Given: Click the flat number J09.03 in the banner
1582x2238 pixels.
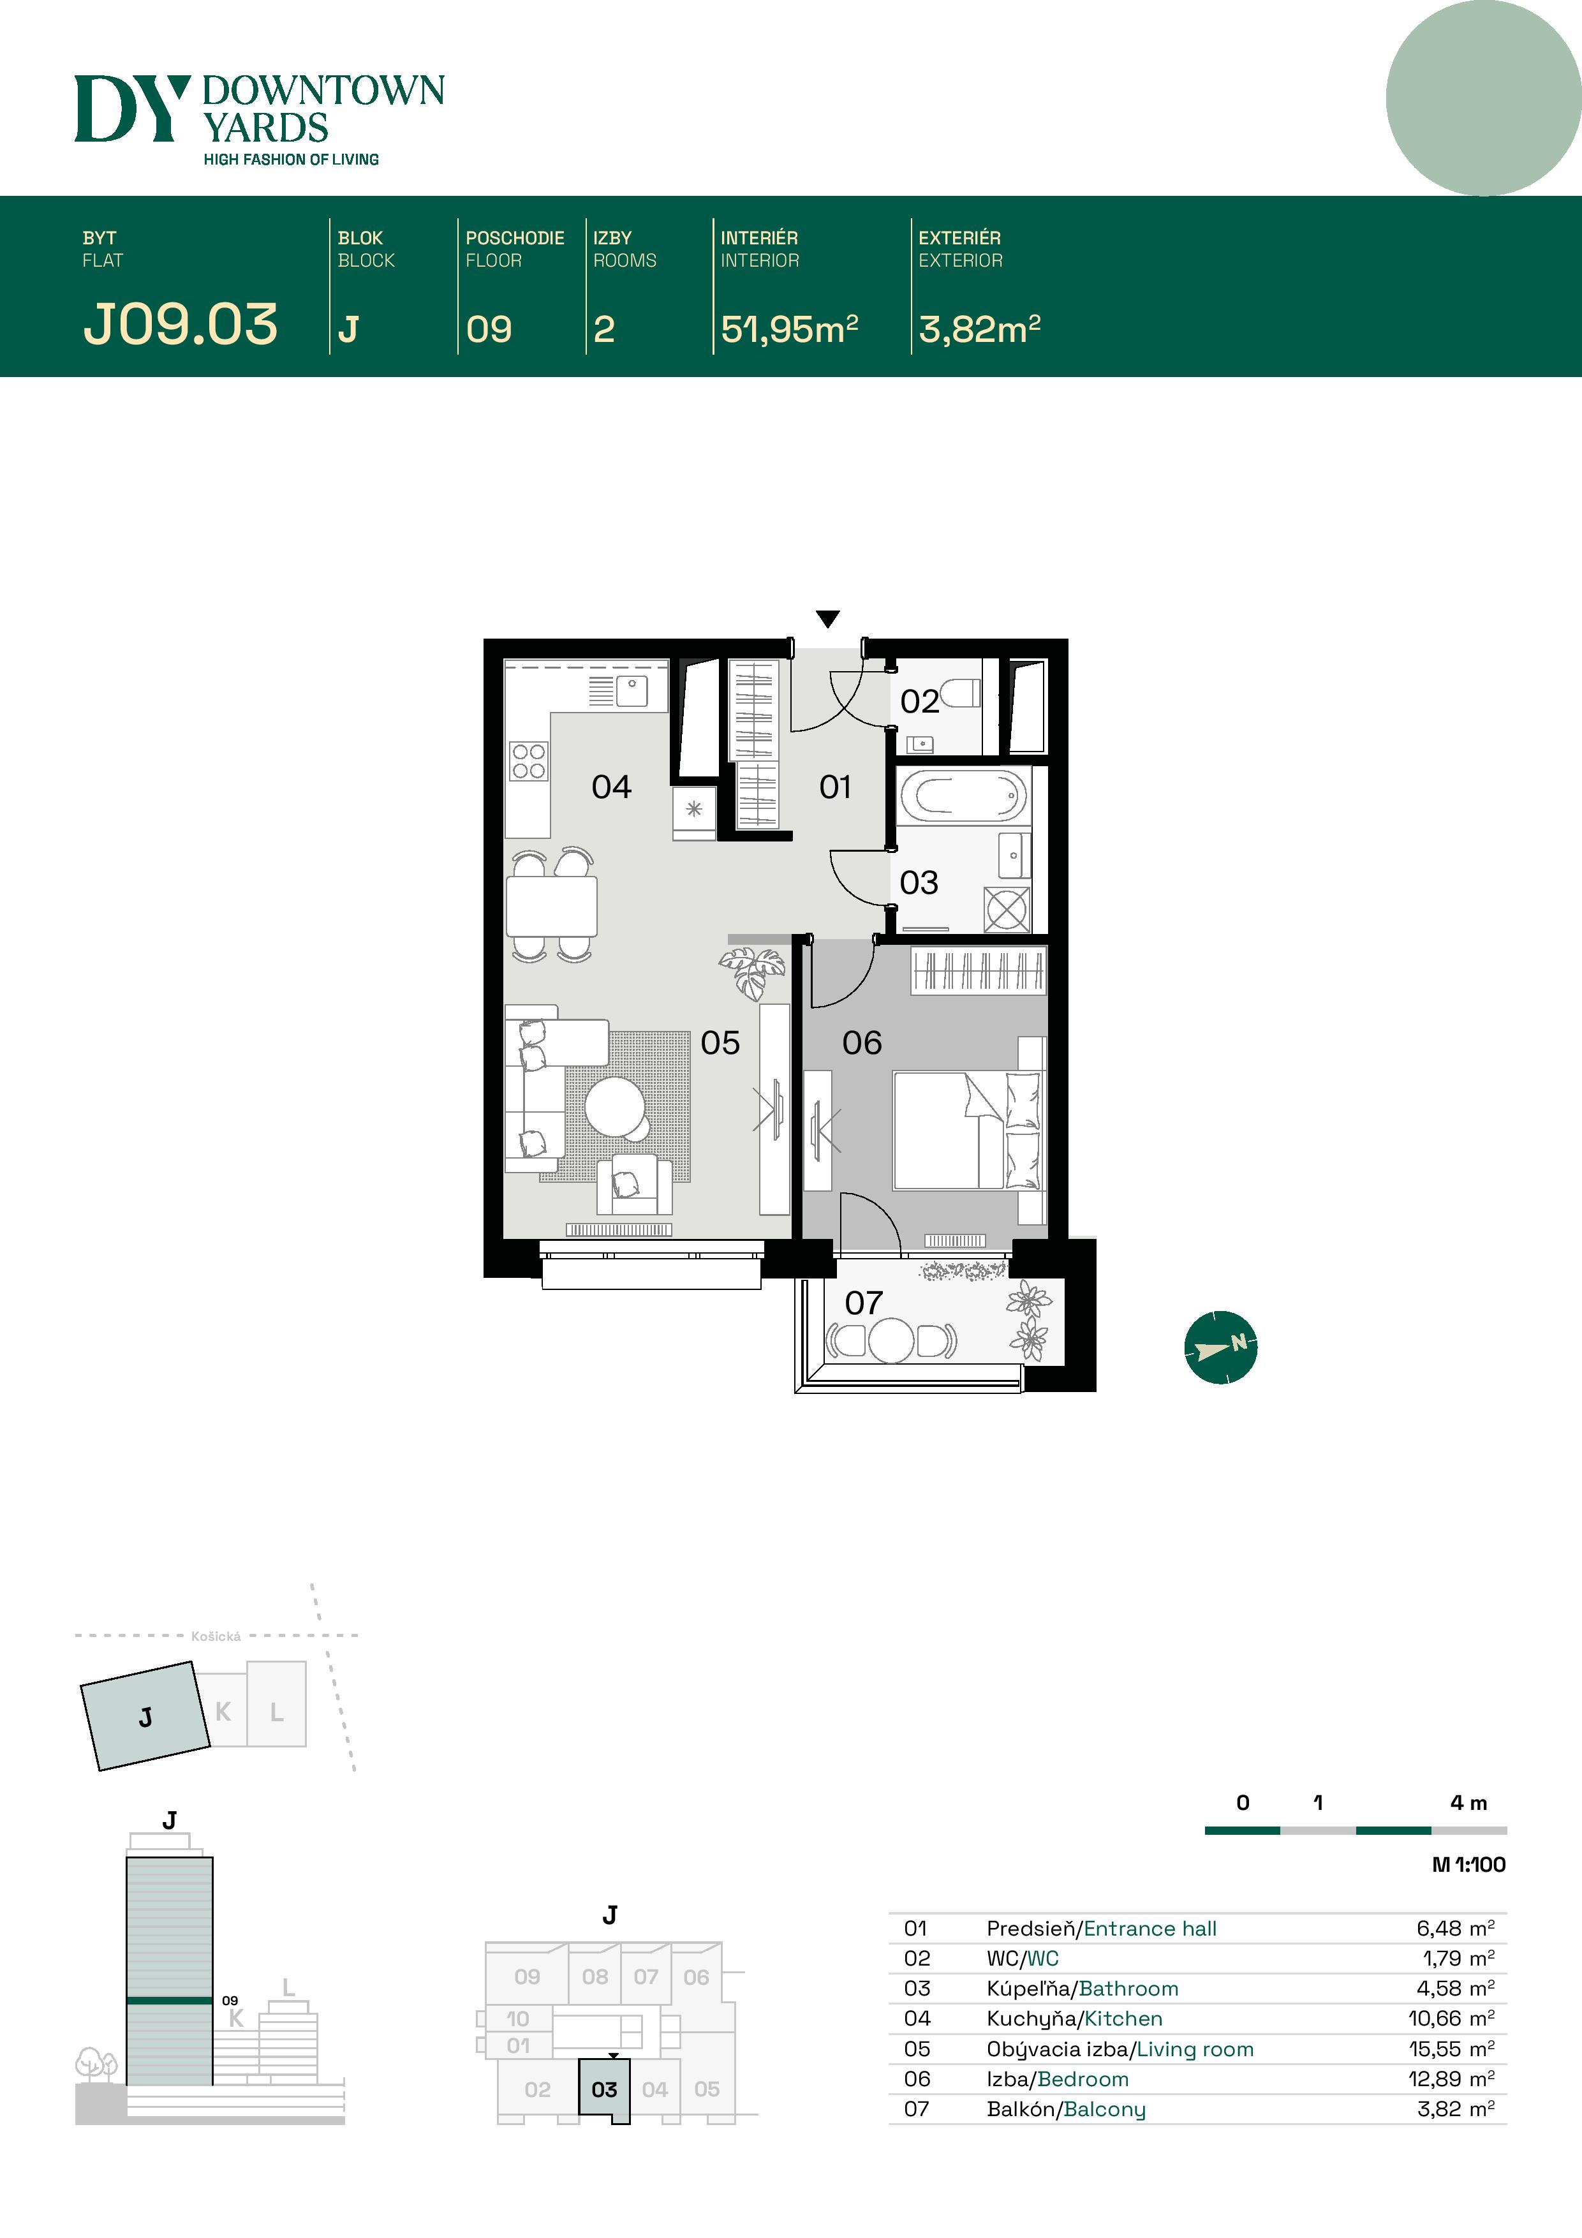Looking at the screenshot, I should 181,325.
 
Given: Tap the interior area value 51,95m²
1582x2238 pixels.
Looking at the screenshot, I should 788,329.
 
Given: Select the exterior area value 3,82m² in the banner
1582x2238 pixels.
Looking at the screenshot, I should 979,329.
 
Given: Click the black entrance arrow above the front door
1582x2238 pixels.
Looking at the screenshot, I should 827,619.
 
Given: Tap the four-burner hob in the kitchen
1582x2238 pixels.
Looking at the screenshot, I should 528,761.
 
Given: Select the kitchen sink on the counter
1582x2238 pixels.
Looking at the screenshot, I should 632,688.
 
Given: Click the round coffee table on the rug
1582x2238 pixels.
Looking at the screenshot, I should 615,1106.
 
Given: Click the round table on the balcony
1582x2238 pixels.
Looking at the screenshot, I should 891,1340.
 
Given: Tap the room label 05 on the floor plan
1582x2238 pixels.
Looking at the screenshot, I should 720,1043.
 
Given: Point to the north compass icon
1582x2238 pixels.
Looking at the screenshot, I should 1220,1347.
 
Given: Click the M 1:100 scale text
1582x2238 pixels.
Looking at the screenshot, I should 1468,1865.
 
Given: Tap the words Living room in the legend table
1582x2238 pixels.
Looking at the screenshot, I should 1195,2049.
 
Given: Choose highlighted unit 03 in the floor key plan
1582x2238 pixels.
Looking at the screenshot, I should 604,2090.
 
